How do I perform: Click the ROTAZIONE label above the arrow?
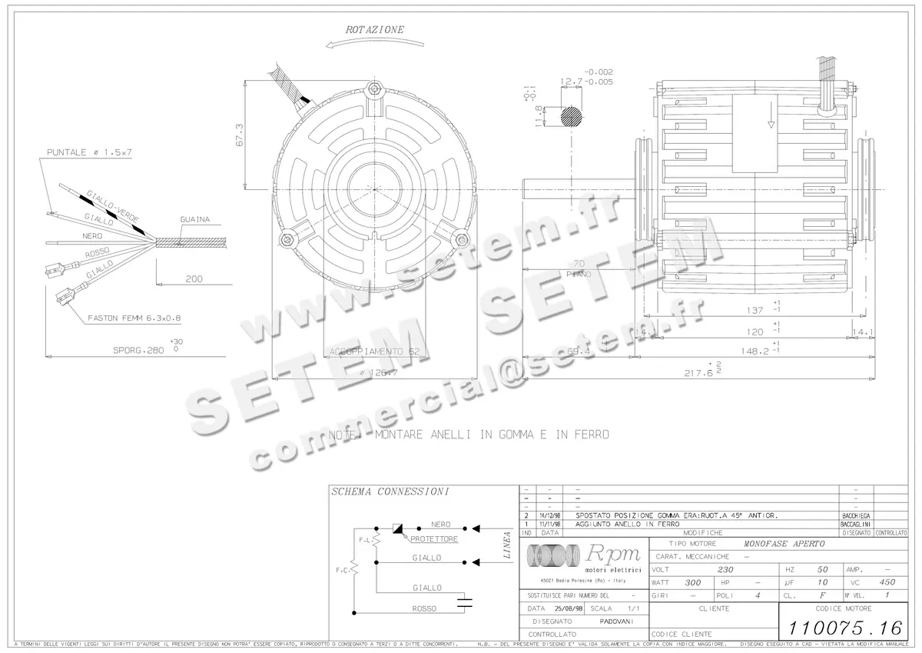(x=374, y=29)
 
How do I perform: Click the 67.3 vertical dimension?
(x=239, y=135)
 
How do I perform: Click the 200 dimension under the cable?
(x=194, y=279)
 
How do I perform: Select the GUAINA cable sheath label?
(x=195, y=219)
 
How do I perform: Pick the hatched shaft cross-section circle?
(x=572, y=116)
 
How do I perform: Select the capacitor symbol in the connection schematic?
(x=464, y=601)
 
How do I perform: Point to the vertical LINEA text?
(x=507, y=544)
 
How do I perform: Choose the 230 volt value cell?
(x=725, y=570)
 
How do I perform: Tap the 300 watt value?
(x=693, y=583)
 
